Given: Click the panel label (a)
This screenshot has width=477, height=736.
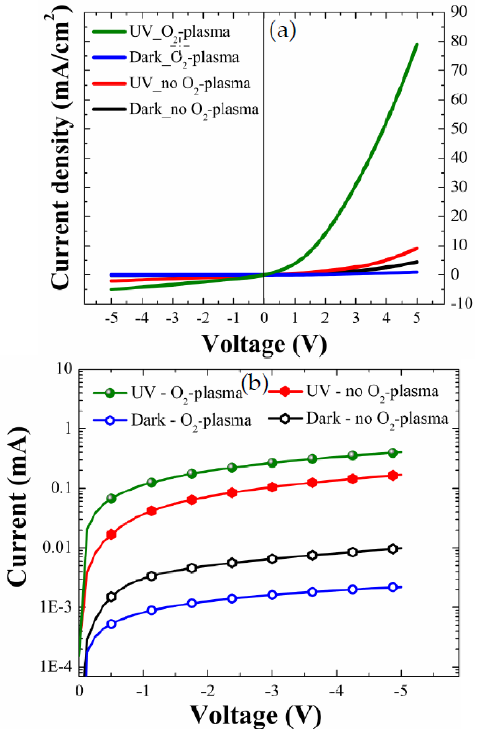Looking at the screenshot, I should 282,30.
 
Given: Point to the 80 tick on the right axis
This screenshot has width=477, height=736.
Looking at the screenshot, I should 458,41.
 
